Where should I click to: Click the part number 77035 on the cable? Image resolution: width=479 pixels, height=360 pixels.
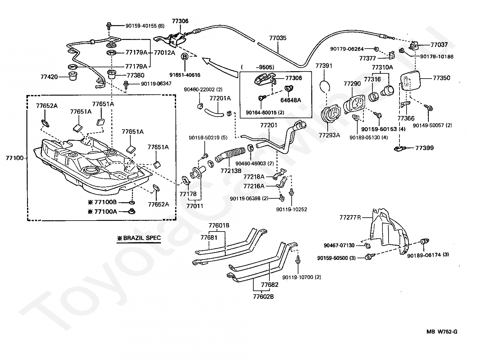pyautogui.click(x=277, y=38)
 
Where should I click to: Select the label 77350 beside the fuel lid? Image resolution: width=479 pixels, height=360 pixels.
pyautogui.click(x=441, y=78)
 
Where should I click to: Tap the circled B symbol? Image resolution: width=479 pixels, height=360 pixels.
pyautogui.click(x=185, y=57)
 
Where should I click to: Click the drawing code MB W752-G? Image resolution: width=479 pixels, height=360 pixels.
pyautogui.click(x=442, y=332)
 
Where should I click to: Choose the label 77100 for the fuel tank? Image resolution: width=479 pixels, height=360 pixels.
pyautogui.click(x=14, y=158)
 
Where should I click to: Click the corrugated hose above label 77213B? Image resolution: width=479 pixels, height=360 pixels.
pyautogui.click(x=230, y=154)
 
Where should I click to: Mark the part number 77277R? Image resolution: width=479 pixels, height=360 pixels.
pyautogui.click(x=350, y=217)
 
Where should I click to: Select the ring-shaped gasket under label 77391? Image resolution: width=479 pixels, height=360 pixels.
pyautogui.click(x=324, y=86)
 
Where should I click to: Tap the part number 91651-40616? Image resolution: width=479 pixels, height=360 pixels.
pyautogui.click(x=185, y=75)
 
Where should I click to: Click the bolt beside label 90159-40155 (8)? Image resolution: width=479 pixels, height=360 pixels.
pyautogui.click(x=108, y=26)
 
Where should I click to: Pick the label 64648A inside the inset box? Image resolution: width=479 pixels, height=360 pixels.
pyautogui.click(x=291, y=100)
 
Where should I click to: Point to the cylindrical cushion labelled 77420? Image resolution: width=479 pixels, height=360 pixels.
pyautogui.click(x=73, y=76)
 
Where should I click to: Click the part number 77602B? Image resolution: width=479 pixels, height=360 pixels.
pyautogui.click(x=263, y=297)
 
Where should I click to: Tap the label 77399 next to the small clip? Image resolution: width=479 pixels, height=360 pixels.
pyautogui.click(x=425, y=148)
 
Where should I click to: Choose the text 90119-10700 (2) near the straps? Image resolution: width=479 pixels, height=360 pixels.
pyautogui.click(x=302, y=277)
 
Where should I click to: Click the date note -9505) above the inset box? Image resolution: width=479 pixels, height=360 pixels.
pyautogui.click(x=265, y=67)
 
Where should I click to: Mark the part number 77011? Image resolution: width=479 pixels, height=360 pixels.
pyautogui.click(x=195, y=206)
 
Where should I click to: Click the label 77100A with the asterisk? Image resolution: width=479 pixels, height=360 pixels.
pyautogui.click(x=103, y=212)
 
